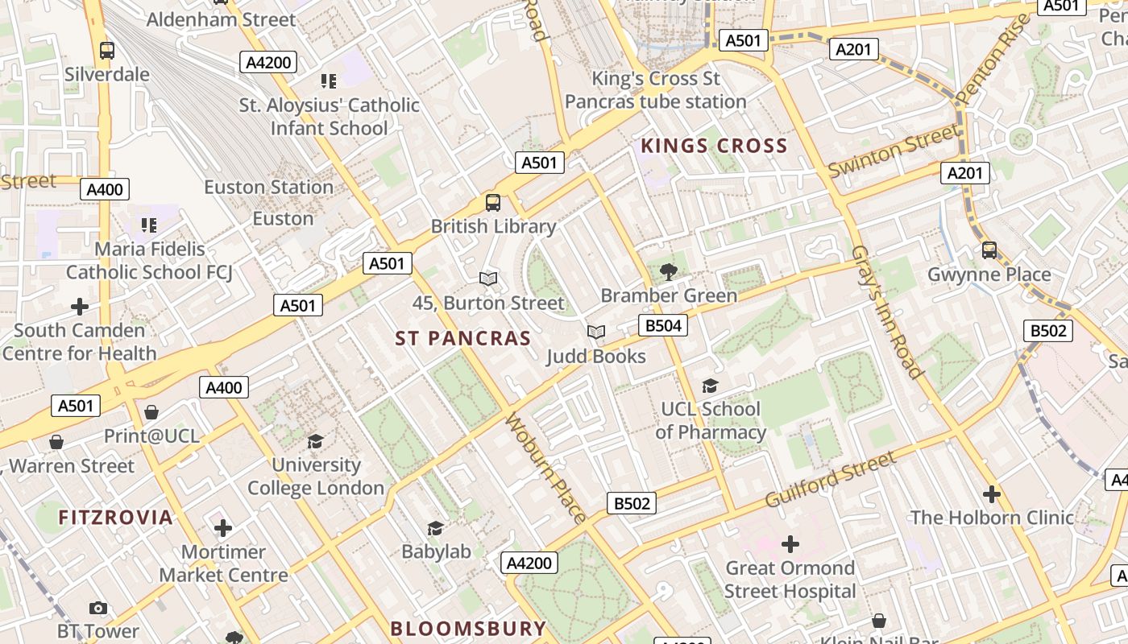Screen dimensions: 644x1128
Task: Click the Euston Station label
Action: point(268,188)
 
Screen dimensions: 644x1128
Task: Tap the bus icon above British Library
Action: point(492,203)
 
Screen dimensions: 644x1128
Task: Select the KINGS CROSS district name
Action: point(714,146)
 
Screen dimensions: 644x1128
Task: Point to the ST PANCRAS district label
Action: point(463,339)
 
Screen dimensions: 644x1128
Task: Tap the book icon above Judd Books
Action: point(596,332)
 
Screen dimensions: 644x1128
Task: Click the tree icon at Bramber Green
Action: point(668,272)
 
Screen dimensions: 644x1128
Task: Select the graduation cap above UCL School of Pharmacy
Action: point(710,386)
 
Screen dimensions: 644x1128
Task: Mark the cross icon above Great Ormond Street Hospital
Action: point(790,544)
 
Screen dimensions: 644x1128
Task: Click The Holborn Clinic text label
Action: point(992,518)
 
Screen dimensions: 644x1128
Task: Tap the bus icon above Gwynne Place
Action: point(989,250)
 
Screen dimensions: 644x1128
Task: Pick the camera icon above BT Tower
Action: point(98,608)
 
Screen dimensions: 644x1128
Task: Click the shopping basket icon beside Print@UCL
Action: point(151,413)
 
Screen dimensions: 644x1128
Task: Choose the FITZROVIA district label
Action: point(115,518)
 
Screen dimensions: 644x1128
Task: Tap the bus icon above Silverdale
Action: point(106,51)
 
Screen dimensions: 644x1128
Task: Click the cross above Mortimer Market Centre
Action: point(223,528)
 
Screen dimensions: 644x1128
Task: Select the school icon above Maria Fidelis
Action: point(148,225)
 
